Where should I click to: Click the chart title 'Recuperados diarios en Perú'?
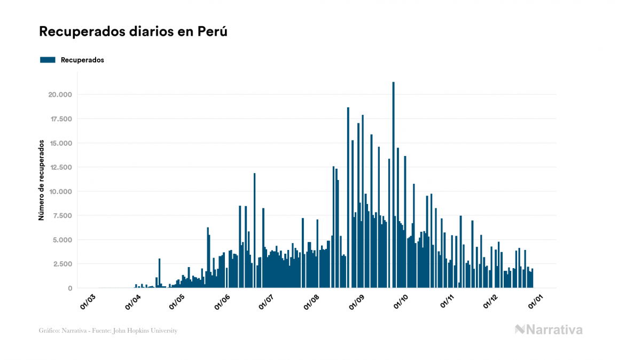click(133, 32)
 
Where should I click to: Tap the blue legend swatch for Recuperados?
click(48, 60)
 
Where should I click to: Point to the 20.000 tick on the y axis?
click(59, 95)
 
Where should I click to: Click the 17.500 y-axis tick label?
click(60, 119)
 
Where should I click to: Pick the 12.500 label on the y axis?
click(60, 167)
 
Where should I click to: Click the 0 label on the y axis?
click(69, 288)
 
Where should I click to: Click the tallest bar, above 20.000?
click(394, 187)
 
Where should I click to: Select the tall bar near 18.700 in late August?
click(348, 198)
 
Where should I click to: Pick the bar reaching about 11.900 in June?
click(255, 230)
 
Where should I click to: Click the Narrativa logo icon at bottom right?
click(520, 330)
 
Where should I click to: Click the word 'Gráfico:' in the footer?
click(49, 331)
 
